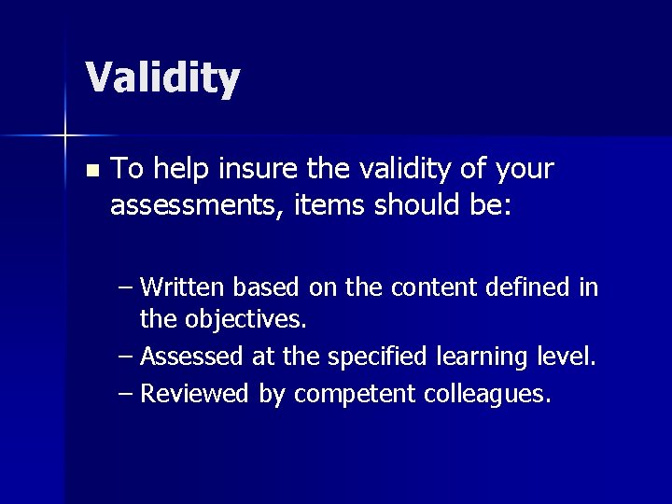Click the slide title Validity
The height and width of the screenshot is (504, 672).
tap(162, 78)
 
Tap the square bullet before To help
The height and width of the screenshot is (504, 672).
tap(91, 171)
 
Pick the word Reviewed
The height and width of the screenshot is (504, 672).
tap(195, 394)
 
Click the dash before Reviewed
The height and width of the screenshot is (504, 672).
tap(127, 394)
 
